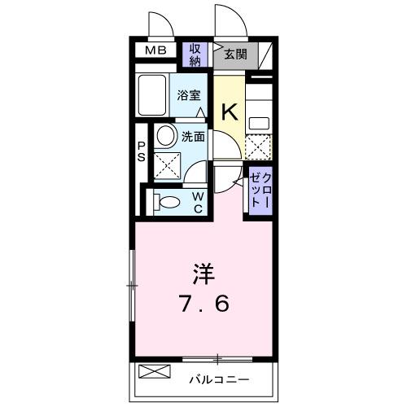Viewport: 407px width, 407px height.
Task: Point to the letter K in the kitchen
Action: (x=230, y=112)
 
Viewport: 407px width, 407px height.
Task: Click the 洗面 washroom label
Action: (x=193, y=137)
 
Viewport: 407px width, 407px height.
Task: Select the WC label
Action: (x=197, y=201)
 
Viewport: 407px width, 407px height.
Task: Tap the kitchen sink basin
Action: (x=260, y=123)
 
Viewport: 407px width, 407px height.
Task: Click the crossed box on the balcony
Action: (x=155, y=373)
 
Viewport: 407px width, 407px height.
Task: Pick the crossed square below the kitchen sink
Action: (x=258, y=147)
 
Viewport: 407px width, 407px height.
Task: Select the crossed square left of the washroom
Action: (x=168, y=166)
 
